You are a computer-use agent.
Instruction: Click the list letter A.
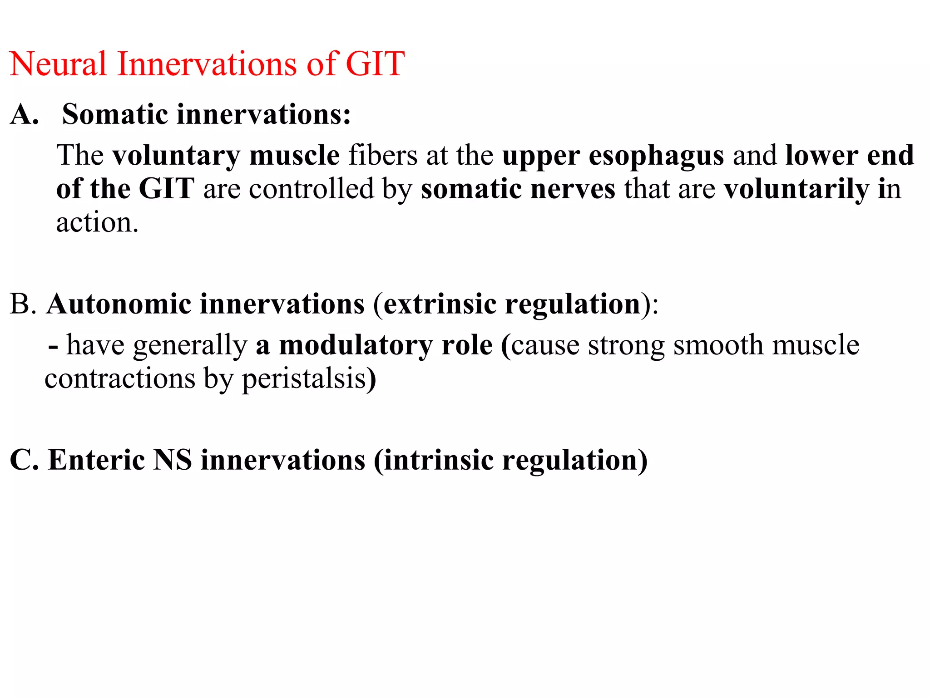24,114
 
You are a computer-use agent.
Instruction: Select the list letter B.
22,304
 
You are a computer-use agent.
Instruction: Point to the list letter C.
24,460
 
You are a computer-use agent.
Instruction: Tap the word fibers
383,156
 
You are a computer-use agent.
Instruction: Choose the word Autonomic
119,304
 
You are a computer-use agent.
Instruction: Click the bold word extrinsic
440,304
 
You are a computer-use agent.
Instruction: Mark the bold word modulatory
356,345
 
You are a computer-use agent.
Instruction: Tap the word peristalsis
304,378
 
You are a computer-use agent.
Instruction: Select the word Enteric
96,460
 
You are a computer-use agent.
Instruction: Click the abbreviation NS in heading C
173,460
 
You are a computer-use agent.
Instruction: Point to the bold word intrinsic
439,460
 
